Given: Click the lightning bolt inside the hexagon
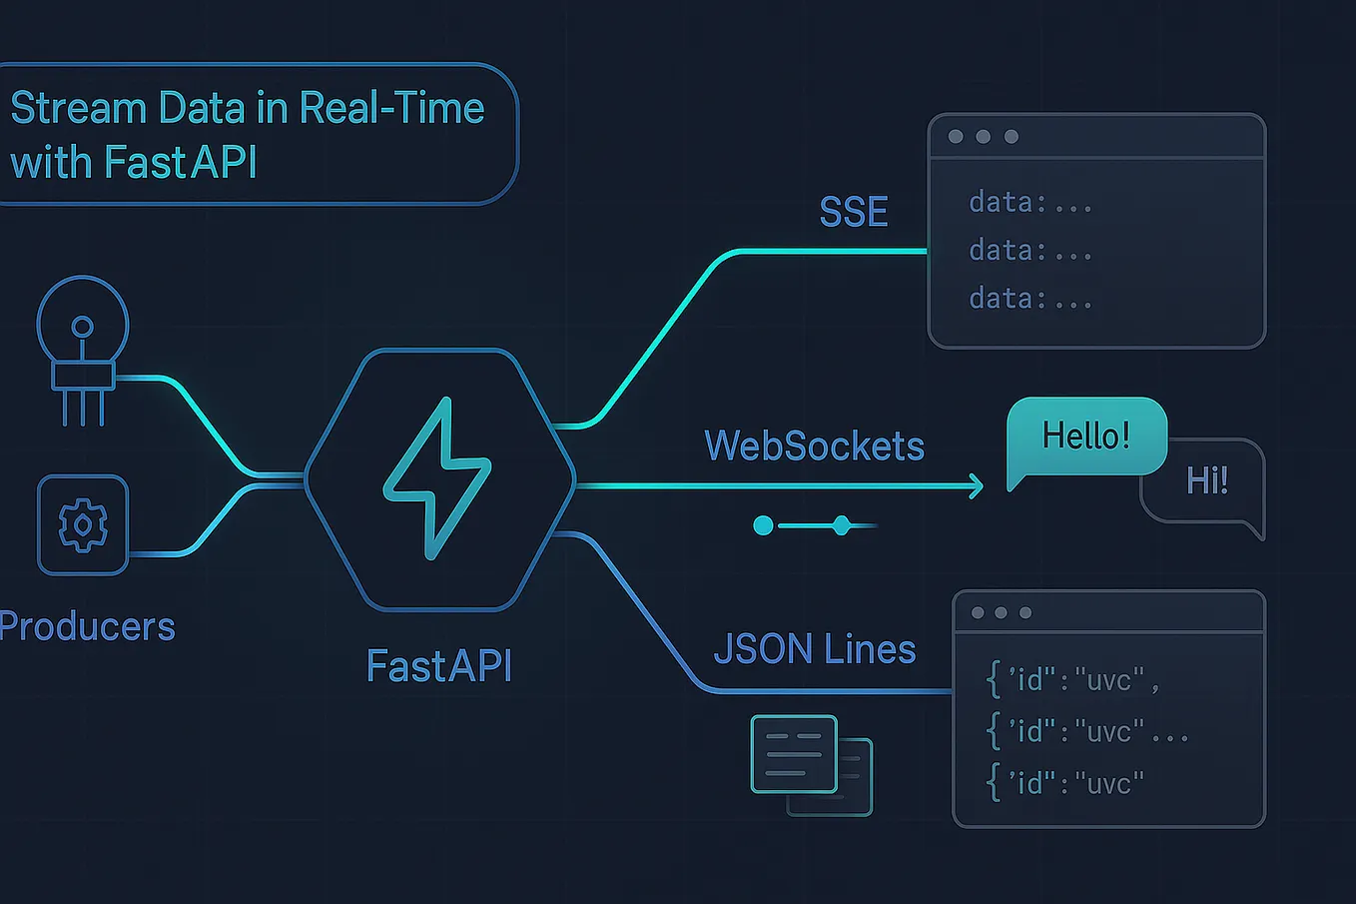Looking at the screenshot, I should click(437, 478).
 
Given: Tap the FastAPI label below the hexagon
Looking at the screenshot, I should click(439, 665).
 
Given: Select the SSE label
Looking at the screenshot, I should click(853, 212).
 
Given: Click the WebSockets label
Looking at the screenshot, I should click(814, 446).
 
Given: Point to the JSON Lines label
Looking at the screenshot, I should click(814, 649).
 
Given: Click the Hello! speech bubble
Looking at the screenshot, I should click(1085, 436).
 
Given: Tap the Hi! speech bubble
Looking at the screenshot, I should click(1206, 481).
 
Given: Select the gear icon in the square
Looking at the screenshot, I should click(83, 524).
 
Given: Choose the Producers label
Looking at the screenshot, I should click(88, 626).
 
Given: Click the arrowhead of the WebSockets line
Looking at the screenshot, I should click(977, 486).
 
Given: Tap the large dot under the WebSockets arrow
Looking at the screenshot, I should click(763, 525).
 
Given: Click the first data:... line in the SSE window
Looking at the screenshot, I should click(1029, 203).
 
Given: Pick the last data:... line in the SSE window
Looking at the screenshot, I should click(1029, 299).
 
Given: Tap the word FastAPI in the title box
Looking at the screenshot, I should click(180, 162).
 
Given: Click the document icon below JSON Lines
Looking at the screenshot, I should click(795, 754).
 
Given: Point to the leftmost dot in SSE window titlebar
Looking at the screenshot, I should click(956, 137).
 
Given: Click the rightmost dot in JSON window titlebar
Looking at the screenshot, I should click(1025, 612).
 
